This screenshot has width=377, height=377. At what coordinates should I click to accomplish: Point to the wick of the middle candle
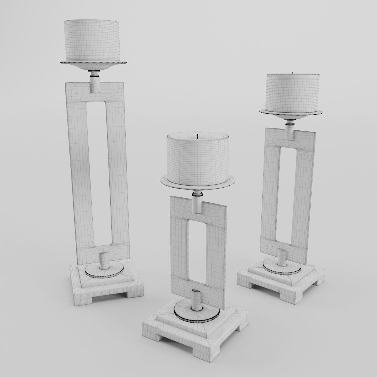(x=197, y=136)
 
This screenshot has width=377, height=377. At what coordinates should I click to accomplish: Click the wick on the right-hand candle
(x=293, y=73)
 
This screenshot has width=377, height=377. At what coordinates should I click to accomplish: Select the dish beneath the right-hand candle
(x=291, y=114)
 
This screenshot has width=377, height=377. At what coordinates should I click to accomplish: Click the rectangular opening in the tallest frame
(x=96, y=173)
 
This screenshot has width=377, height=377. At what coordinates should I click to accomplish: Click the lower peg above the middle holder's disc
(x=197, y=300)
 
